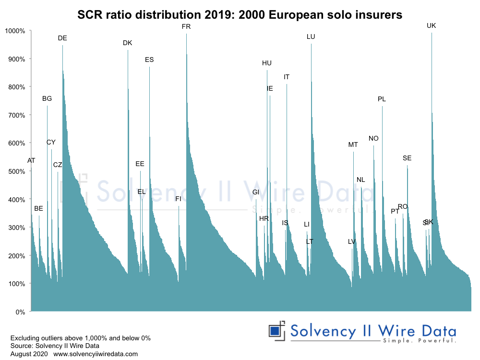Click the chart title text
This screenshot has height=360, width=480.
coord(240,15)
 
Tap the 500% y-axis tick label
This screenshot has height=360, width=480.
coord(17,171)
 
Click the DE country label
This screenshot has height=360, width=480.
coord(62,38)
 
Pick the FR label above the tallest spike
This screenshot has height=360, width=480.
coord(186,27)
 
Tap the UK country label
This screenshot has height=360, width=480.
coord(431,26)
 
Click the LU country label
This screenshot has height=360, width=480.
coord(311,37)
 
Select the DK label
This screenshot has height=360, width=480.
coord(127,43)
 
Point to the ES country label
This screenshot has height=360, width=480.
coord(149,60)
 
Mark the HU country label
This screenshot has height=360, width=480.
coord(267,63)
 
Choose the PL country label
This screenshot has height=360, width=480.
coord(382,99)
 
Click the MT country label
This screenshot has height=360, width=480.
coord(353,145)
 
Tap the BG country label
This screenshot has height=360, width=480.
coord(47,99)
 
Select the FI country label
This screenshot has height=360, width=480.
coord(178,199)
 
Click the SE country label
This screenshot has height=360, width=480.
coord(407,158)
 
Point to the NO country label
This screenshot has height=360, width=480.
coord(373,139)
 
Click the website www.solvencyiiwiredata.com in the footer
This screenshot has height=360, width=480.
coord(96,354)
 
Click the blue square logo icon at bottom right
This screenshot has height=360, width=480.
coord(275,331)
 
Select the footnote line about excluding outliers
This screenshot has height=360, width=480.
coord(80,338)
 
